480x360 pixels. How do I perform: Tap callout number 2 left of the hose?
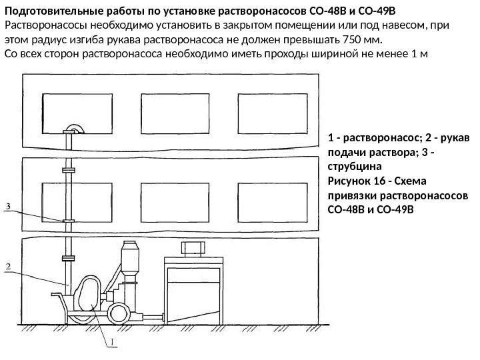(9, 267)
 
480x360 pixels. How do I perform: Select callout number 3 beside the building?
(9, 207)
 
